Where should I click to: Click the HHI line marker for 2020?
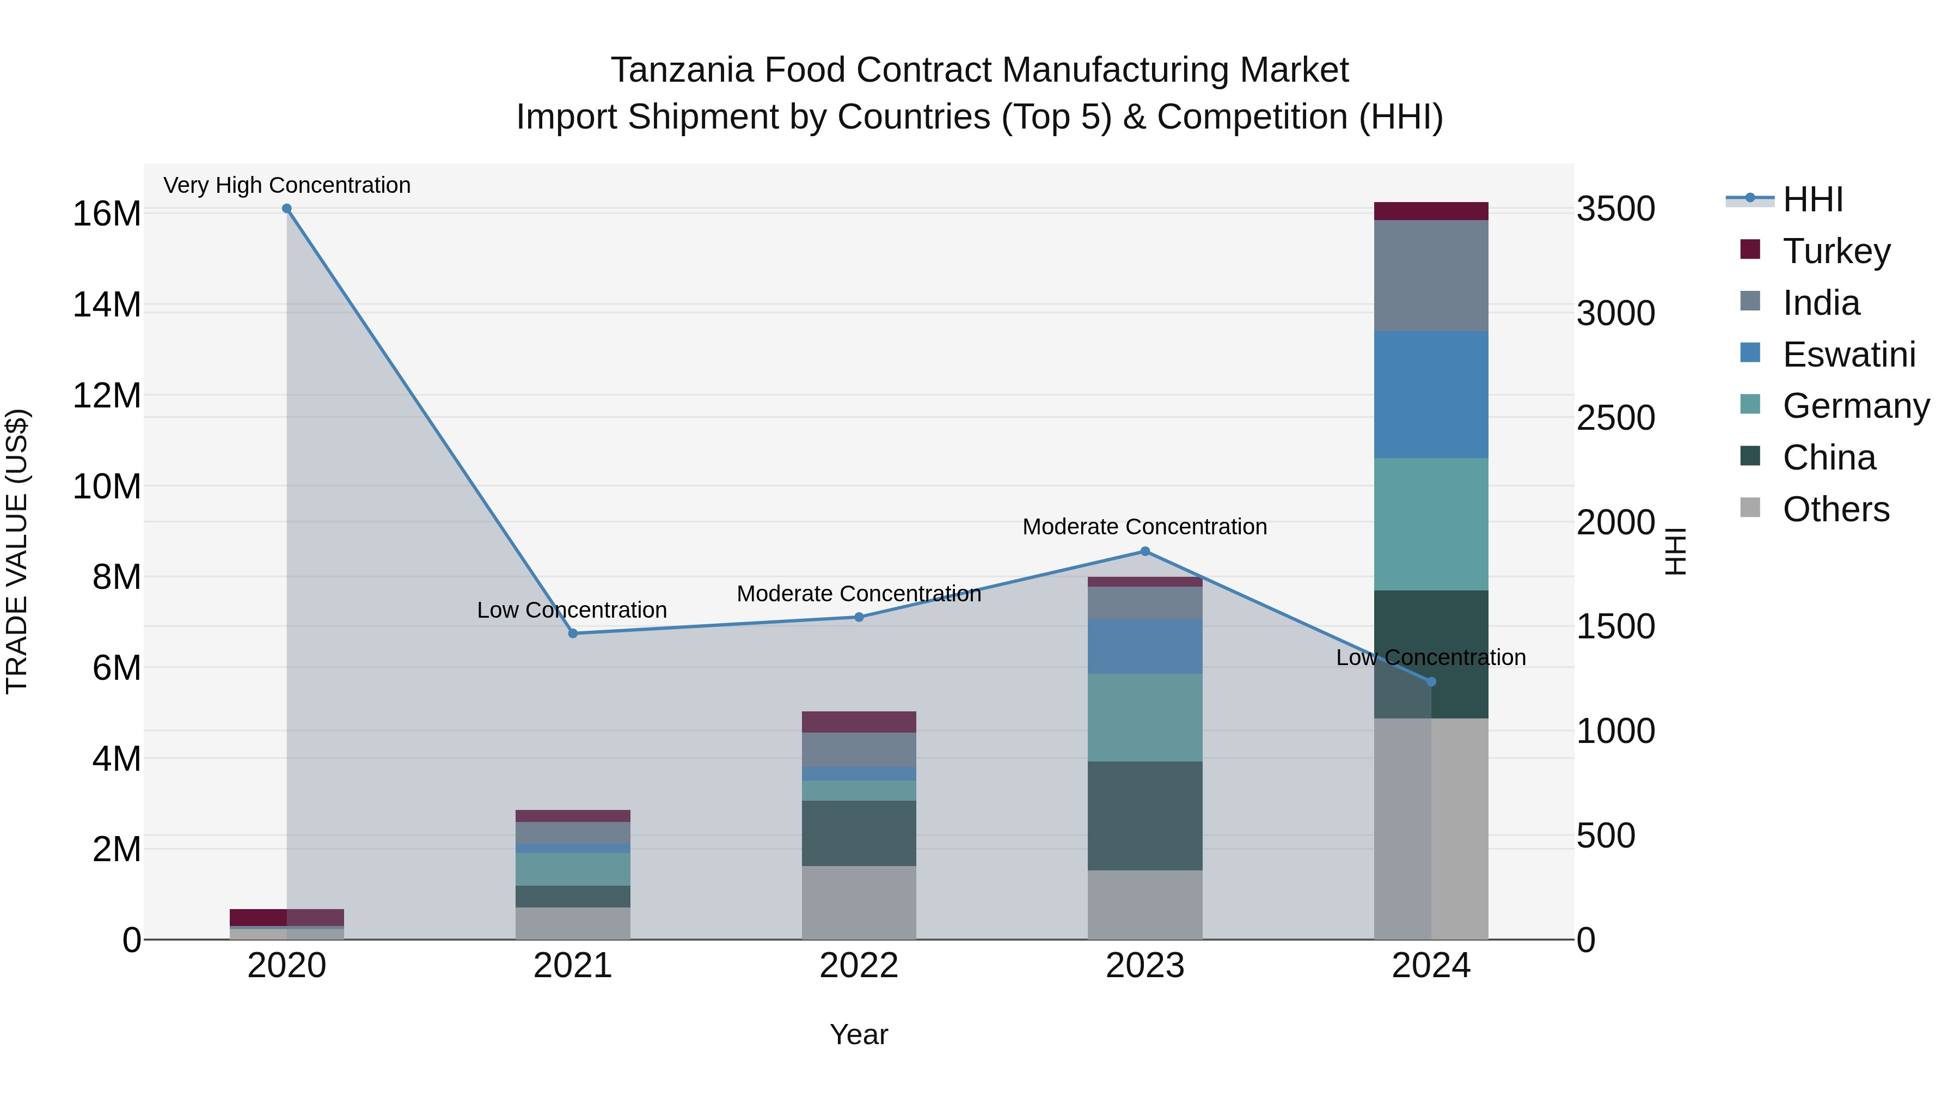tap(287, 209)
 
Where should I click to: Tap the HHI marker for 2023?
tap(1145, 552)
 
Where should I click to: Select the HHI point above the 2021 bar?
tap(573, 633)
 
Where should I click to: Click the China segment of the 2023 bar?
tap(1145, 816)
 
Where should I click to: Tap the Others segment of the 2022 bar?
tap(859, 903)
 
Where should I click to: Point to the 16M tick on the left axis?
tap(107, 214)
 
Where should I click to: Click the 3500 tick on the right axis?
tap(1615, 209)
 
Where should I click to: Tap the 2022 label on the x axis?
tap(859, 966)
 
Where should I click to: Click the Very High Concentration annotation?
tap(287, 186)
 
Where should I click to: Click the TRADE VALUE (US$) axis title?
tap(17, 552)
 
